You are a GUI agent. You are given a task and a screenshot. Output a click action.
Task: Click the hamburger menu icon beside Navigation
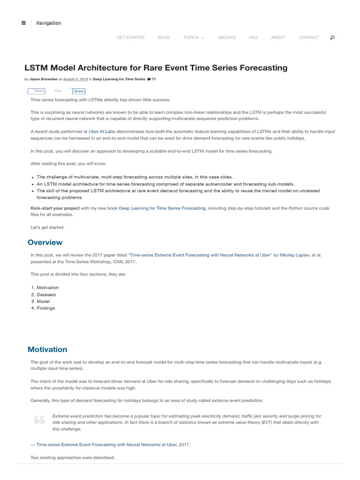click(23, 23)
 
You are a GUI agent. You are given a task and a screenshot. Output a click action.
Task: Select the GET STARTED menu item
click(130, 37)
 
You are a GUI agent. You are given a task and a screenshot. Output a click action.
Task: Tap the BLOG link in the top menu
click(164, 37)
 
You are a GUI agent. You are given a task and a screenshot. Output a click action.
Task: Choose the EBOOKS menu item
click(227, 37)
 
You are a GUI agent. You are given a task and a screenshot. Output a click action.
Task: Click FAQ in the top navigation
click(253, 37)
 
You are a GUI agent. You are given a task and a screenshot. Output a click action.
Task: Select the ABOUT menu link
click(278, 37)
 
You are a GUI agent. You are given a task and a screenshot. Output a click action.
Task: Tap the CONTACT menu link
click(308, 37)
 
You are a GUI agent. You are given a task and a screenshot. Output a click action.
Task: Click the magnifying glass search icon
click(332, 37)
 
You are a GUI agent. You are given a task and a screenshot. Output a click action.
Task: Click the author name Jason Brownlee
click(43, 79)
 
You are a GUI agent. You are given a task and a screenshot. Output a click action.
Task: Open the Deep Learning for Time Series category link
click(119, 79)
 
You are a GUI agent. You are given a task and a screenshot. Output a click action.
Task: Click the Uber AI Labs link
click(102, 132)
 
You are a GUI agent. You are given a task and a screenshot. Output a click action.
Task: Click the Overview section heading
click(45, 242)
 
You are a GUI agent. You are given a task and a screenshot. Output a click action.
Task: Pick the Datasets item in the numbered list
click(46, 294)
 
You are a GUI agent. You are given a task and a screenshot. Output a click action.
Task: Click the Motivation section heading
click(47, 349)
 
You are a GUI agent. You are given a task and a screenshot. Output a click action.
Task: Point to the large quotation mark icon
click(39, 420)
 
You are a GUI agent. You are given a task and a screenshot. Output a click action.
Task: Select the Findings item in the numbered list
click(45, 308)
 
